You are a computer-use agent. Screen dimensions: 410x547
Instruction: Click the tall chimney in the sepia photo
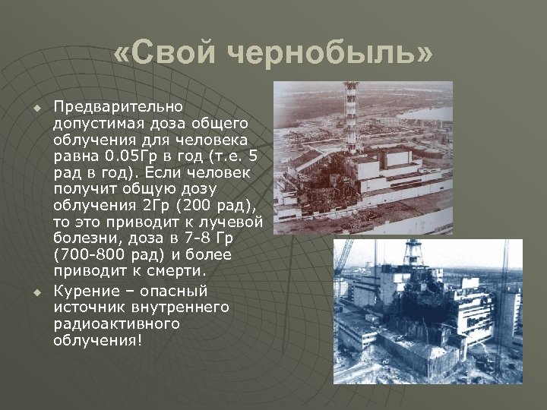tap(350, 114)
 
